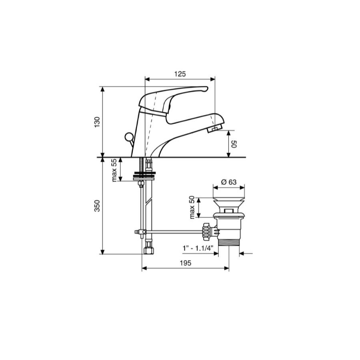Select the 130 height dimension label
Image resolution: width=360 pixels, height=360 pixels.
click(x=97, y=122)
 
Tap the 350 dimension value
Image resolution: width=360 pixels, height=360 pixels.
click(x=97, y=206)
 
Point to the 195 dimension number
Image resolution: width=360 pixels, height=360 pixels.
click(x=186, y=263)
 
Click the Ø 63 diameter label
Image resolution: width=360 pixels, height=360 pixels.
click(x=229, y=182)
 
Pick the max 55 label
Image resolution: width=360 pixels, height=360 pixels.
click(x=114, y=170)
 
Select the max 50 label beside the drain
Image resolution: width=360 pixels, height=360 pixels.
click(x=192, y=207)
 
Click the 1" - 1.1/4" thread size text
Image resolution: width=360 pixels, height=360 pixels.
click(x=198, y=248)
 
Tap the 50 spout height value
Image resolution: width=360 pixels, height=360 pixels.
click(x=234, y=144)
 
